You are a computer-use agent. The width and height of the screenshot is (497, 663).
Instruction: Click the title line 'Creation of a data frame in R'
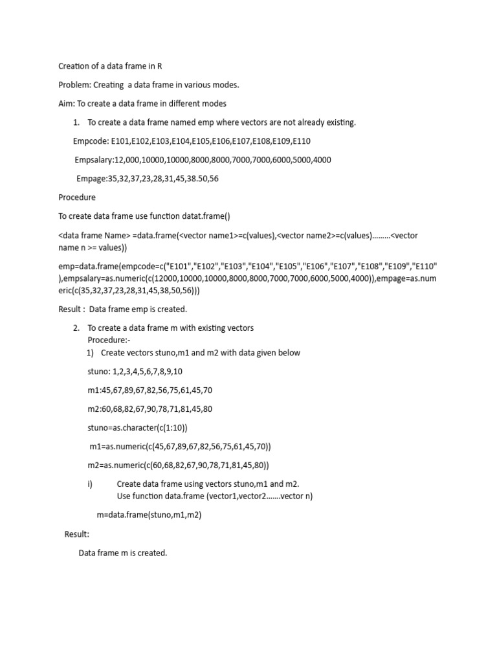tap(115, 66)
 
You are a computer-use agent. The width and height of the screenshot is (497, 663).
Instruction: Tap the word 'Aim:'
tap(67, 104)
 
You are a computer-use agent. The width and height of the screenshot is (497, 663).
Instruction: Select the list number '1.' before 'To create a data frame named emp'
tap(76, 122)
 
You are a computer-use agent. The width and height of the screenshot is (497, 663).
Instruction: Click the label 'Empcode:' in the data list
tap(91, 141)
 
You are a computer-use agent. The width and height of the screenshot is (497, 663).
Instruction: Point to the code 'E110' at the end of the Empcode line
tap(302, 141)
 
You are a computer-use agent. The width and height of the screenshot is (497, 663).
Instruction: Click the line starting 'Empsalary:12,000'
tap(203, 160)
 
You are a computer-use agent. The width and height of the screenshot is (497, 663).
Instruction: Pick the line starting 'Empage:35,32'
tap(147, 179)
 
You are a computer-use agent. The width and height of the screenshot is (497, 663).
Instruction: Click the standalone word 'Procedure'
tap(77, 197)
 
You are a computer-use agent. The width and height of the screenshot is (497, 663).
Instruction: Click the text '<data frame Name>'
tap(94, 236)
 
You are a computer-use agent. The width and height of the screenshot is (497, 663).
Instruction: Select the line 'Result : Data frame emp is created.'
tap(122, 309)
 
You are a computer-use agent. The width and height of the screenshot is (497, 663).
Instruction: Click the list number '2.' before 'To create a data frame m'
tap(76, 328)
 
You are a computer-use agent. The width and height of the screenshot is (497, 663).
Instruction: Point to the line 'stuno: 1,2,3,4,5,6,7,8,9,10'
tap(135, 372)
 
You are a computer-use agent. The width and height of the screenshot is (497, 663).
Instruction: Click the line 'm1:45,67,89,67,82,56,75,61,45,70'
tap(149, 390)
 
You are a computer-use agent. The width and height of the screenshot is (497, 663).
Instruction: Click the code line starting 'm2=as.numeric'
tap(178, 466)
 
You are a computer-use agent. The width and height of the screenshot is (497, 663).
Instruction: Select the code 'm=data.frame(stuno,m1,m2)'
tap(149, 515)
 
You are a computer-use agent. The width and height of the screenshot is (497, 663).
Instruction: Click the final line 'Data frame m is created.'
tap(123, 553)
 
